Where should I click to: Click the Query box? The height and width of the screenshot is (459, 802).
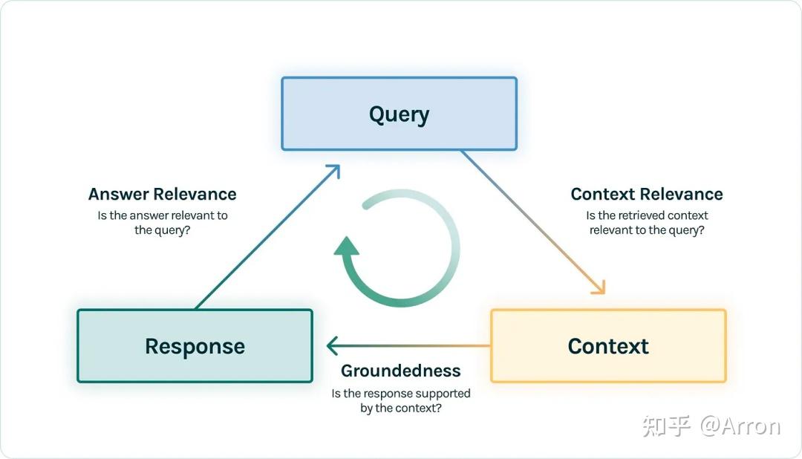pos(399,114)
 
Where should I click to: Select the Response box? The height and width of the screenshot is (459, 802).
pos(195,346)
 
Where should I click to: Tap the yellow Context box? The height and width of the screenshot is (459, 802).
pos(608,346)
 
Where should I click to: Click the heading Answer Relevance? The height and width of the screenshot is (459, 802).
pos(162,194)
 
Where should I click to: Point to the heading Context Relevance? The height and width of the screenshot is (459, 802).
pos(647,194)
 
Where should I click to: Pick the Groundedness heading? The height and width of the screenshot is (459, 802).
pos(400,371)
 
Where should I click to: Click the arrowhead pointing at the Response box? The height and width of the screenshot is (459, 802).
pos(332,346)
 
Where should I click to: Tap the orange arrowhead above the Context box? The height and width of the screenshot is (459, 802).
pos(599,287)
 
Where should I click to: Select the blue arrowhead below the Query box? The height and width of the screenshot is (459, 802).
pos(333,171)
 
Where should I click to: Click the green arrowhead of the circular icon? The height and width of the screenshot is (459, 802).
pos(347,246)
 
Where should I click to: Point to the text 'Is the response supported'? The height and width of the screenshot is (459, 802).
pos(400,394)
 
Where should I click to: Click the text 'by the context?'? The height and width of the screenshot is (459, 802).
pos(400,408)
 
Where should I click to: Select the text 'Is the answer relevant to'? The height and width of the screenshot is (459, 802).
pos(162,215)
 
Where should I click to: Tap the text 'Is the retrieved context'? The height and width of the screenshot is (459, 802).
pos(647,215)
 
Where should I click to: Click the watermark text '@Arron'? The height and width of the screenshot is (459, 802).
pos(740,426)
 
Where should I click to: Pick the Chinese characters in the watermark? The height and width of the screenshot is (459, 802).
pos(666,426)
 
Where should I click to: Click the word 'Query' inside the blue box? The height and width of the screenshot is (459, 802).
pos(399,114)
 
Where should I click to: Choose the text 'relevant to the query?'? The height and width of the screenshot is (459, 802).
pos(647,230)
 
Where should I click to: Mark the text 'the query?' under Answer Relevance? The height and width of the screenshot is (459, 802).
pos(162,230)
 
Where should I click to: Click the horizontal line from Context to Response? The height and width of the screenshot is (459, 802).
pos(408,346)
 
